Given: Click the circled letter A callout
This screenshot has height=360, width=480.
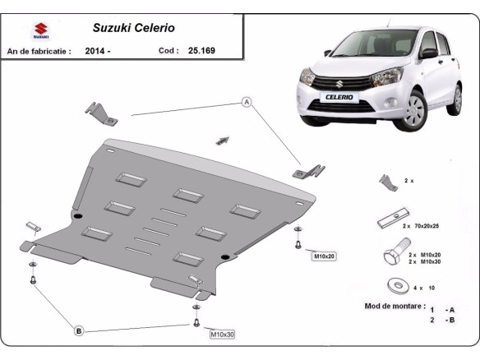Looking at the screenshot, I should tap(245, 102).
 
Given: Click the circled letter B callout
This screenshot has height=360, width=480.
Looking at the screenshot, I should tap(79, 331).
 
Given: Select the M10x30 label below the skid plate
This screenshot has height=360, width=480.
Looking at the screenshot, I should tap(222, 335).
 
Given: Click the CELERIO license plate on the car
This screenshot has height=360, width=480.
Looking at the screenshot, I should tap(338, 97).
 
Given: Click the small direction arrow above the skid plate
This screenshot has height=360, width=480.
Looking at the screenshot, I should tap(222, 141).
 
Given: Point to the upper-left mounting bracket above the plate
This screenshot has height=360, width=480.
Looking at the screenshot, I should tap(102, 114).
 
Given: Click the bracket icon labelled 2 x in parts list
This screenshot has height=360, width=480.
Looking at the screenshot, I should tap(388, 182).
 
